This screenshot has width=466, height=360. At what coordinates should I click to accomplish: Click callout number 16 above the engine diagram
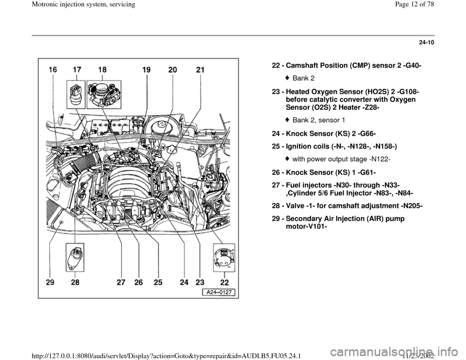pos(53,70)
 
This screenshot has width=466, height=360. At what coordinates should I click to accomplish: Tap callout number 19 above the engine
pos(146,70)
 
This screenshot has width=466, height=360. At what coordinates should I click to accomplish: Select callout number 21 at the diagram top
pos(200,70)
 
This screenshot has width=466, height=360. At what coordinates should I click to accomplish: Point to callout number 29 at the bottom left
pos(50,282)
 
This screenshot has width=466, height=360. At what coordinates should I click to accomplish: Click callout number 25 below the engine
pos(158,282)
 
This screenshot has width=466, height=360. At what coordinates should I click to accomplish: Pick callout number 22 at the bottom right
pos(224,282)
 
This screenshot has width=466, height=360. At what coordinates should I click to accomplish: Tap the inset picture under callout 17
pos(76,94)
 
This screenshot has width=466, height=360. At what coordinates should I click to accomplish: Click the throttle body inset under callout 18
pos(104,94)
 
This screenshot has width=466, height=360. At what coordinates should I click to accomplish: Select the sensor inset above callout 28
pos(75,258)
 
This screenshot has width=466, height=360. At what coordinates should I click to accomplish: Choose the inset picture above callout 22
pos(224,258)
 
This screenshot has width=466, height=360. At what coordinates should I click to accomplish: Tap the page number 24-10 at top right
pos(427,43)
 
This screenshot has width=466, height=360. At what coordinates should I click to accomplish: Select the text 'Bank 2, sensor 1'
pos(319,120)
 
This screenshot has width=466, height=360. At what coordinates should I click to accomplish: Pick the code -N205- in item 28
pos(411,206)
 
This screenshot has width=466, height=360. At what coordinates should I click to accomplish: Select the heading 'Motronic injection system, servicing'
pos(68,4)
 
